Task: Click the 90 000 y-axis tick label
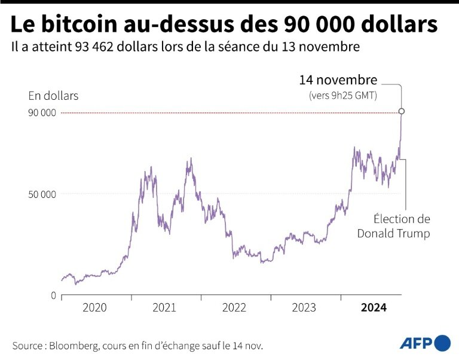click(x=42, y=113)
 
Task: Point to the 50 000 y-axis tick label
click(x=42, y=194)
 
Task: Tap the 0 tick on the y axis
click(x=53, y=296)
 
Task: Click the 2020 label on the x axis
click(x=94, y=308)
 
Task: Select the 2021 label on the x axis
click(x=164, y=308)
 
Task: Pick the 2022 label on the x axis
click(x=234, y=308)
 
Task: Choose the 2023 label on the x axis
click(x=304, y=308)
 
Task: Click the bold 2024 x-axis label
click(x=374, y=308)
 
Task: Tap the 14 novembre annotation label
click(x=338, y=80)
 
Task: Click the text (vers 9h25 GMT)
click(x=342, y=95)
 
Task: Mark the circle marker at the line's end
click(x=402, y=111)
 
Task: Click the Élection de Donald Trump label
click(x=394, y=226)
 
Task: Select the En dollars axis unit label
click(x=53, y=96)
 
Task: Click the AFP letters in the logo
click(x=416, y=343)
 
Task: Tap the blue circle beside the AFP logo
click(x=443, y=343)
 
